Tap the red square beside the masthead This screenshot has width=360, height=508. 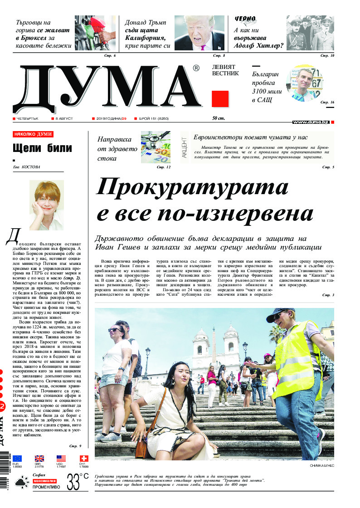tap(220, 98)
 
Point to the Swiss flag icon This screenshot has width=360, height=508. tap(83, 458)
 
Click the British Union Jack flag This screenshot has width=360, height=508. tap(39, 458)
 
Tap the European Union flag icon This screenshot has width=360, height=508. tap(17, 458)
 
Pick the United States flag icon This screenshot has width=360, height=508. tap(61, 458)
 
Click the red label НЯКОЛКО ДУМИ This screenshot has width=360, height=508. tap(33, 134)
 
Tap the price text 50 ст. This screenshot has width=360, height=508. tap(219, 118)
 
